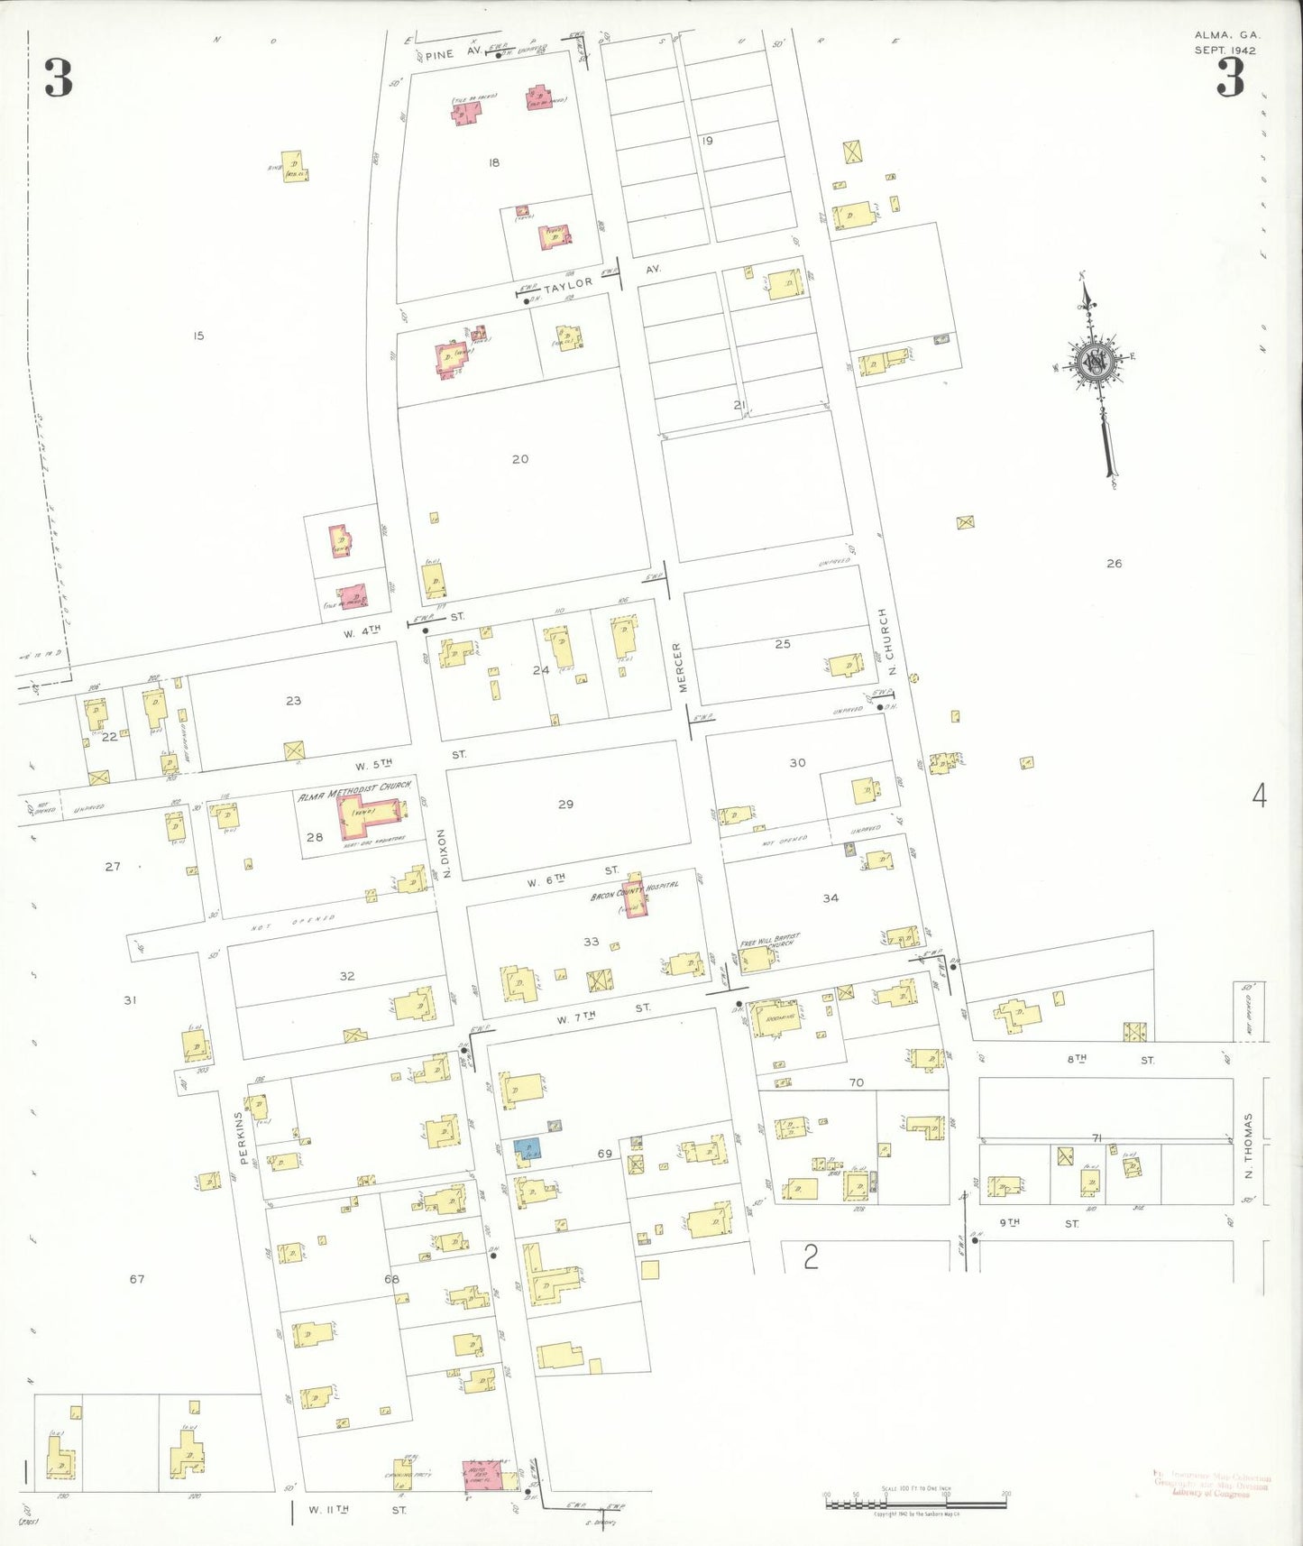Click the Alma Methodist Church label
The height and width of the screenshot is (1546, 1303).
[354, 790]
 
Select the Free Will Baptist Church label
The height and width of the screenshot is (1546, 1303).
[770, 941]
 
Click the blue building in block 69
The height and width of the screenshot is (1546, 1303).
[528, 1148]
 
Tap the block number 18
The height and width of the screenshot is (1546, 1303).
[493, 163]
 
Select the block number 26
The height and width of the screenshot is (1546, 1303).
[1115, 564]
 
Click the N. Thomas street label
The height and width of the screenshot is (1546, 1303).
[1249, 1146]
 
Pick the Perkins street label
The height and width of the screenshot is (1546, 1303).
[240, 1136]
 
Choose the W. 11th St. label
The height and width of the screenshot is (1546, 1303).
[357, 1509]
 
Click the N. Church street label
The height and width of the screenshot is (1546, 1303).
[887, 641]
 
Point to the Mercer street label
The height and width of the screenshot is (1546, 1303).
[680, 667]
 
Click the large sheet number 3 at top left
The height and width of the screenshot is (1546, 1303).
[59, 78]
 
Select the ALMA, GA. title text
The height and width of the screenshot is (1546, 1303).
[1227, 35]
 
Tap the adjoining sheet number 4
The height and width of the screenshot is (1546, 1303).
[1259, 796]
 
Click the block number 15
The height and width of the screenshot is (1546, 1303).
[198, 336]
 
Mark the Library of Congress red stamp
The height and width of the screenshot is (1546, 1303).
[1211, 1485]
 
